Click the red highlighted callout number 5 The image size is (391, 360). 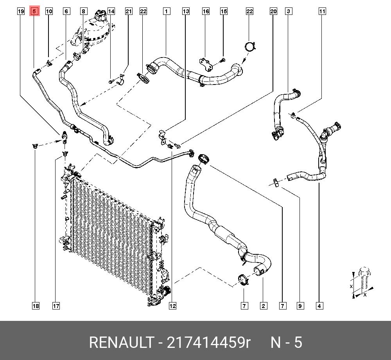(x=34, y=11)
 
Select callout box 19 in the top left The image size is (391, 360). (x=21, y=11)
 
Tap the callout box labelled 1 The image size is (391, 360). (x=167, y=11)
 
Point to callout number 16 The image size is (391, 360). (x=206, y=11)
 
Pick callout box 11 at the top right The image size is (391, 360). (x=322, y=11)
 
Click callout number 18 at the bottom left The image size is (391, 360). (x=36, y=306)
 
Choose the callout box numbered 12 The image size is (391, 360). (x=172, y=306)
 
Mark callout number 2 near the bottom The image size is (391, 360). (x=263, y=306)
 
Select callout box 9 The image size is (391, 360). (x=300, y=306)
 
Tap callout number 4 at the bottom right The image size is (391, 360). (x=319, y=306)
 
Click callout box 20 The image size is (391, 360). (x=273, y=11)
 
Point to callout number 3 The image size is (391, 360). (x=288, y=11)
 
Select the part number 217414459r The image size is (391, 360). (x=208, y=342)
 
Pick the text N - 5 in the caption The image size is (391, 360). (x=287, y=342)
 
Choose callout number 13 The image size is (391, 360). (x=186, y=11)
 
